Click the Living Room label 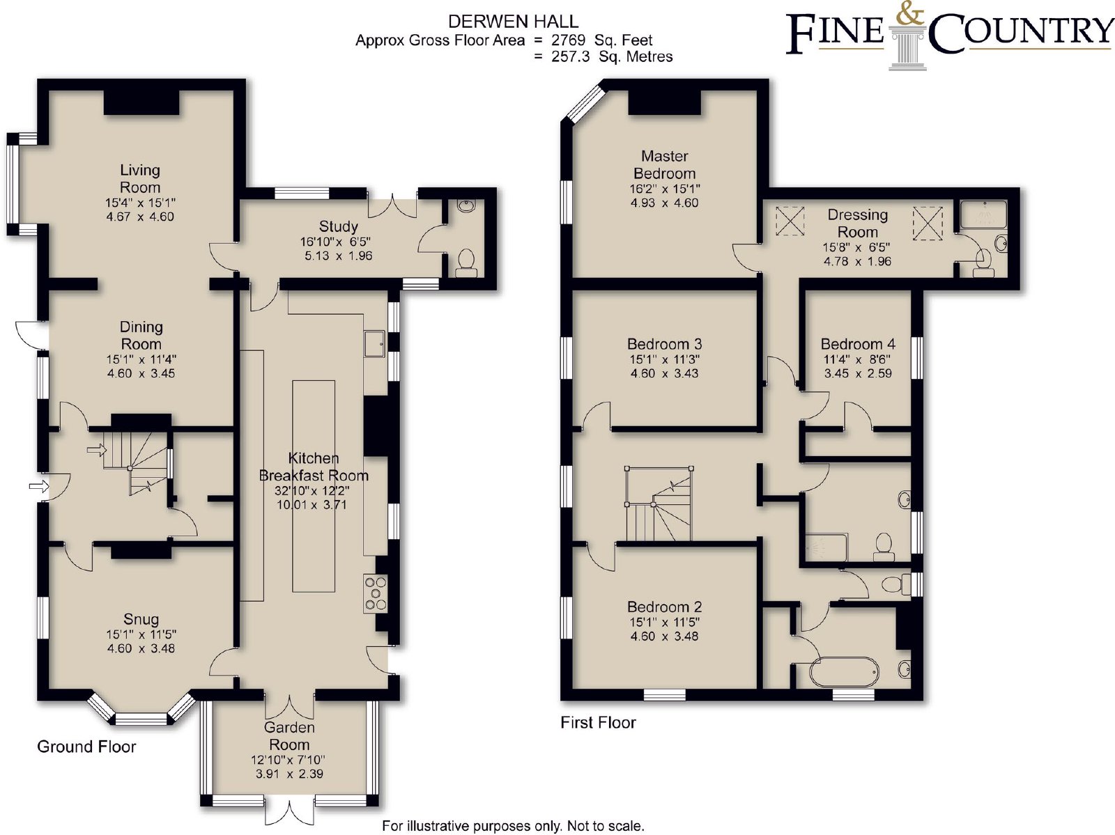140,178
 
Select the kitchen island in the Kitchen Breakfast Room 314,486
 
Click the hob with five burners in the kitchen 376,593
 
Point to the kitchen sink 375,344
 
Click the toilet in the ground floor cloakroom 466,263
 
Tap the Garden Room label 289,735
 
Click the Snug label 141,618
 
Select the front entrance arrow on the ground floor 38,486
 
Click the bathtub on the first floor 844,672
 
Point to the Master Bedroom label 664,164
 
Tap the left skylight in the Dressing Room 790,220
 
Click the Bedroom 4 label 858,343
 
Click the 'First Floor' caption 598,722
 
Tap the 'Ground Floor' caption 86,747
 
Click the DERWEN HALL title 513,22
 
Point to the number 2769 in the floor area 569,40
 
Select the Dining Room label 141,335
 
